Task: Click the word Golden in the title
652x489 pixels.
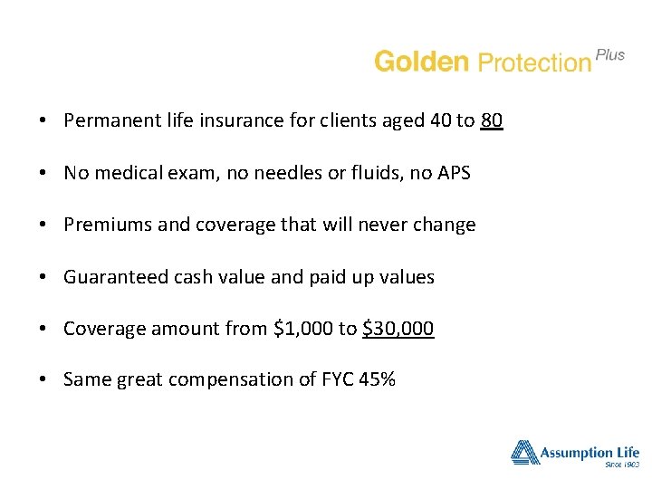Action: pos(421,62)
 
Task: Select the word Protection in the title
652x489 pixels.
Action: pos(533,62)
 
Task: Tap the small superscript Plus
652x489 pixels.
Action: pos(610,54)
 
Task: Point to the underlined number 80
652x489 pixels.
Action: pos(492,120)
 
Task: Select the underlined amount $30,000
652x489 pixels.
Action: pos(398,329)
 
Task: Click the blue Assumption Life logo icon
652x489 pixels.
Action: pos(524,451)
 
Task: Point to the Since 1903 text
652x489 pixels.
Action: pos(620,465)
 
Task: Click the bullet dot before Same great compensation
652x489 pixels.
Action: pos(43,380)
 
